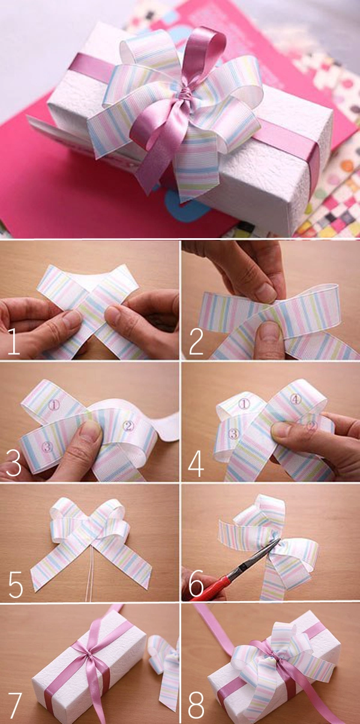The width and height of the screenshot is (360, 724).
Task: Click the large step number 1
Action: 13,342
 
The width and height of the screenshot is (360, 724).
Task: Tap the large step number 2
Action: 196,342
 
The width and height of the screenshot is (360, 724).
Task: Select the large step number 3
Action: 13,463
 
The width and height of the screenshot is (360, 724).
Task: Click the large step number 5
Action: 15,584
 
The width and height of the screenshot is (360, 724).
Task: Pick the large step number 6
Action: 196,584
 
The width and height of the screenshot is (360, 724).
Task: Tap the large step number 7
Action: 14,705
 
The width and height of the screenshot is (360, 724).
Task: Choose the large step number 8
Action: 196,705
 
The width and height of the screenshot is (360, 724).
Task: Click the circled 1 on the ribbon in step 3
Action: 55,405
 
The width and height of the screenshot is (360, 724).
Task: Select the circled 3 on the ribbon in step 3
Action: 47,447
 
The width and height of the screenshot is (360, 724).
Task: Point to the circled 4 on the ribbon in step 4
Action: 295,399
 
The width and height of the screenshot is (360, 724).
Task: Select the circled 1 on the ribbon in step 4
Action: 244,403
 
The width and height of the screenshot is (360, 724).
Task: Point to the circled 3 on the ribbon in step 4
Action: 233,434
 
